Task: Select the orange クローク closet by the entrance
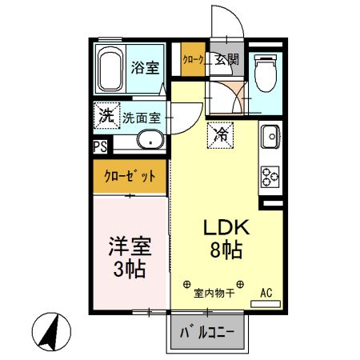192,59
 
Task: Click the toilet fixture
264,73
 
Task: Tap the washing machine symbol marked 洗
105,114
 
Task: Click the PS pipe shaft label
100,146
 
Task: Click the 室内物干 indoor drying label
214,294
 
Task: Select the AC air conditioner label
266,294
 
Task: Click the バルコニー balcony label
206,330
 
